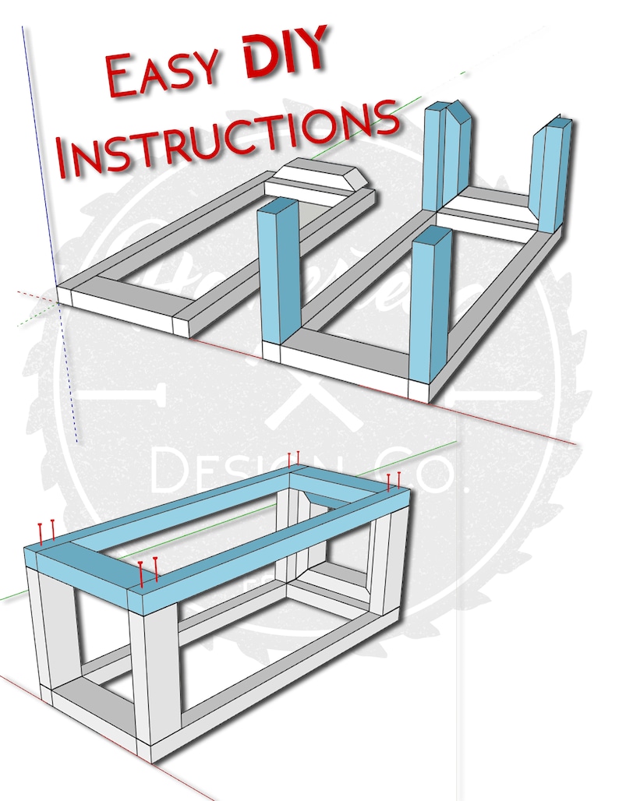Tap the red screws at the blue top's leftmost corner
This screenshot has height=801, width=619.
point(46,534)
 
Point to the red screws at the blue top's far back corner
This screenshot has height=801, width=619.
point(293,460)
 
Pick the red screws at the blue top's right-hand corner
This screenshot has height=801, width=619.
point(394,481)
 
